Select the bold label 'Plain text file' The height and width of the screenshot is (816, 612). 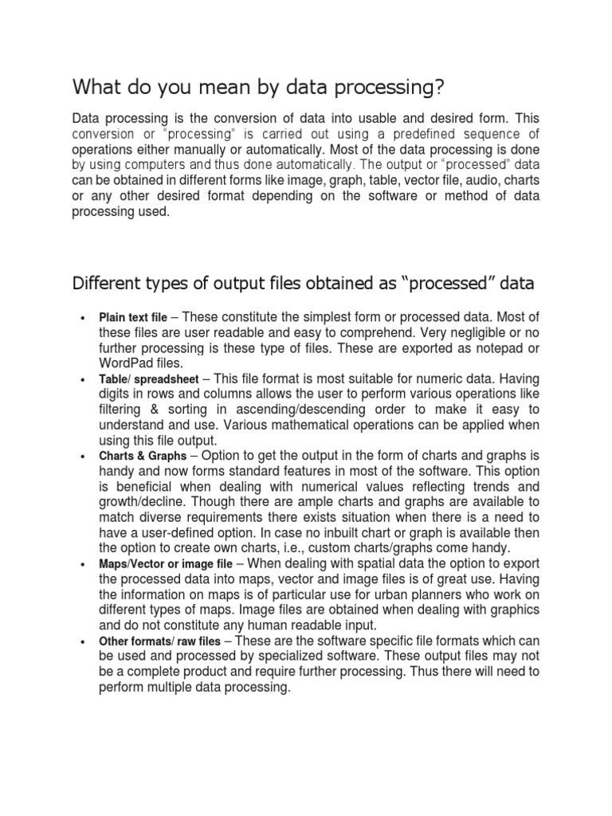133,318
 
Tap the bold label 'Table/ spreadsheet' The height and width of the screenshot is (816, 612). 149,379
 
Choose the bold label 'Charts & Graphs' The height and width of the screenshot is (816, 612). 143,456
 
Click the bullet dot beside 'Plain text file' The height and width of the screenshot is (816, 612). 82,319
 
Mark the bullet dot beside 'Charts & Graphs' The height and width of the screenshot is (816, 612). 82,457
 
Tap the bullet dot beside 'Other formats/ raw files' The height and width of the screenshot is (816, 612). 82,641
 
